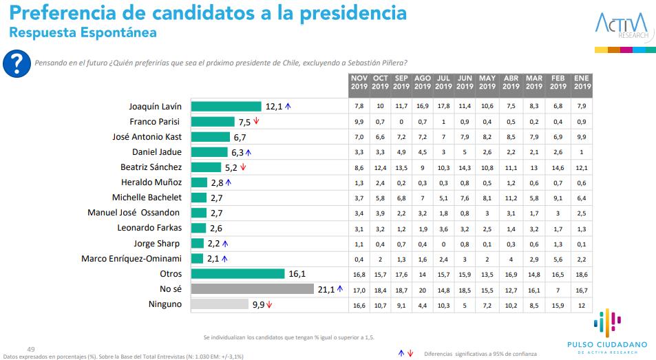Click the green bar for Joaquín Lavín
coord(226,106)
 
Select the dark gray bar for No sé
coord(252,288)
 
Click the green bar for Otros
coord(237,273)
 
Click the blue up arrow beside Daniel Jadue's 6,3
coord(248,152)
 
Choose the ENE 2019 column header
coord(582,83)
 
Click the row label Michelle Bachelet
coord(147,198)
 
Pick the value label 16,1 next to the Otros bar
coord(296,273)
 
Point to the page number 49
coord(30,348)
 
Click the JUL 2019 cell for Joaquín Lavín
coord(443,106)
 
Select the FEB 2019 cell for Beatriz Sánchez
coord(558,167)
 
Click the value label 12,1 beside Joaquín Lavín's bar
coord(274,106)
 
